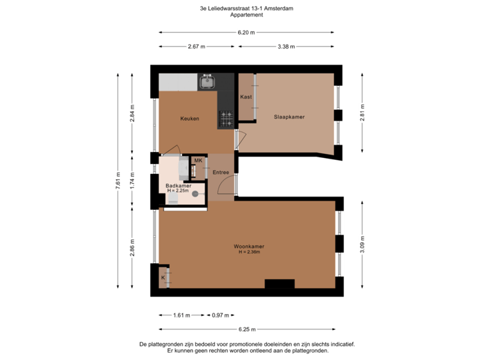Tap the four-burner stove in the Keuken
227,119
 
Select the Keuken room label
190,119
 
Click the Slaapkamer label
289,117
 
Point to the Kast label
245,96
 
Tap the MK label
198,161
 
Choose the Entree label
221,173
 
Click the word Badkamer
178,185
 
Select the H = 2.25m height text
178,191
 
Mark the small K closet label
162,277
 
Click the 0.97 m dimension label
220,315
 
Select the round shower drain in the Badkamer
195,194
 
